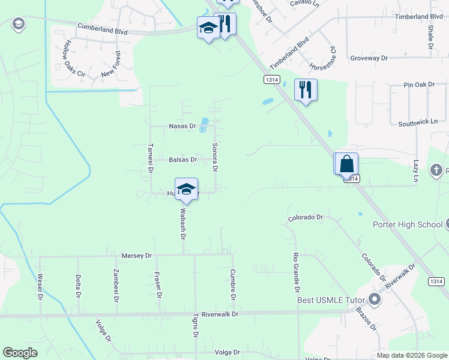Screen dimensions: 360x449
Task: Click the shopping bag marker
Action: pyautogui.click(x=347, y=163)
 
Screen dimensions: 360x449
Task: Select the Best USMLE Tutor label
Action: pyautogui.click(x=333, y=299)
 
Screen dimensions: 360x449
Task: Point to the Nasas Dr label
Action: pyautogui.click(x=182, y=126)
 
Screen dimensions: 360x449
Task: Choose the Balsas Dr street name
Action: pyautogui.click(x=183, y=160)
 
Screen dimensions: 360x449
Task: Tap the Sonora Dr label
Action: pyautogui.click(x=214, y=157)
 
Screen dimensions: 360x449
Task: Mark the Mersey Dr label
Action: pyautogui.click(x=136, y=256)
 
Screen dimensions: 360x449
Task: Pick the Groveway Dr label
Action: pyautogui.click(x=369, y=58)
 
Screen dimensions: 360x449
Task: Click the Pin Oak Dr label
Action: pyautogui.click(x=418, y=85)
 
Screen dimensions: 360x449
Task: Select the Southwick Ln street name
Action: pyautogui.click(x=418, y=122)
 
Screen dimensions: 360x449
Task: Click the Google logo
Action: pyautogui.click(x=20, y=353)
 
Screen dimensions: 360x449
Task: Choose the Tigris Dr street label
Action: pyautogui.click(x=195, y=326)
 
